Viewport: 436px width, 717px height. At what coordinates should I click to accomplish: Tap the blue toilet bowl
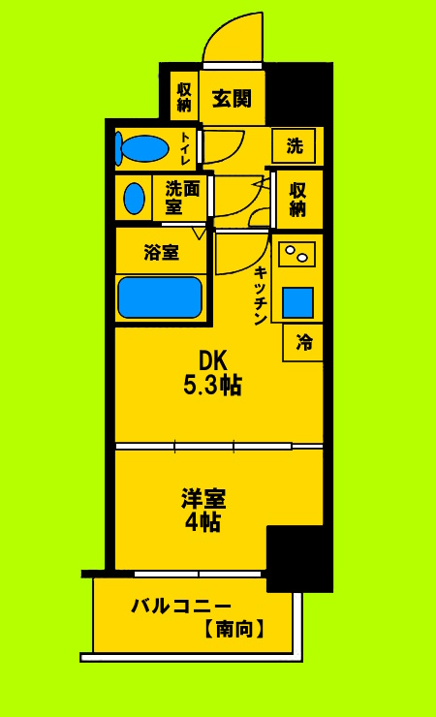point(142,148)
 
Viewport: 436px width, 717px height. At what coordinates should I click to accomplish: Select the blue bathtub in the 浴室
point(159,296)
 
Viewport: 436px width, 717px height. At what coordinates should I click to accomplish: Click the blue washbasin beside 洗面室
point(135,198)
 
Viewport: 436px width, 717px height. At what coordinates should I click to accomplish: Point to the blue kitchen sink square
point(297,302)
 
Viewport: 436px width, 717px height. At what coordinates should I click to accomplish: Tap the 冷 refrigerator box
point(304,342)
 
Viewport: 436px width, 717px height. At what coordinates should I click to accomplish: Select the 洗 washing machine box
point(295,146)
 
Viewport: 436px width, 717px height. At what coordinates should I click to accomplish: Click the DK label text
point(212,360)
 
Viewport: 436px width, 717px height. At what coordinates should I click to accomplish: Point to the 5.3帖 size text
point(212,385)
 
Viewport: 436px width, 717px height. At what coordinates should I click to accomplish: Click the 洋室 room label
point(203,500)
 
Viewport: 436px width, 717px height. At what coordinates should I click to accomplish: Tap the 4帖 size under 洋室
point(203,523)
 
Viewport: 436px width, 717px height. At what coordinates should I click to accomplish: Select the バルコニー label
point(181,607)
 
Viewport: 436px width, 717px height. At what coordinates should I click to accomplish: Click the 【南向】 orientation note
point(233,629)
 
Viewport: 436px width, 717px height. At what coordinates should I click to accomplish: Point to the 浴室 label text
point(161,254)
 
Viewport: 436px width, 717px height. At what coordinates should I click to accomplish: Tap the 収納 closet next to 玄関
point(184,97)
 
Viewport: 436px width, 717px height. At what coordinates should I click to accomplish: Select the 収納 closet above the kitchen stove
point(296,199)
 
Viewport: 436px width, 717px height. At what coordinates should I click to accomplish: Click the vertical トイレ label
point(185,148)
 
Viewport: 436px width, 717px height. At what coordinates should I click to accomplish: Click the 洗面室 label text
point(182,197)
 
